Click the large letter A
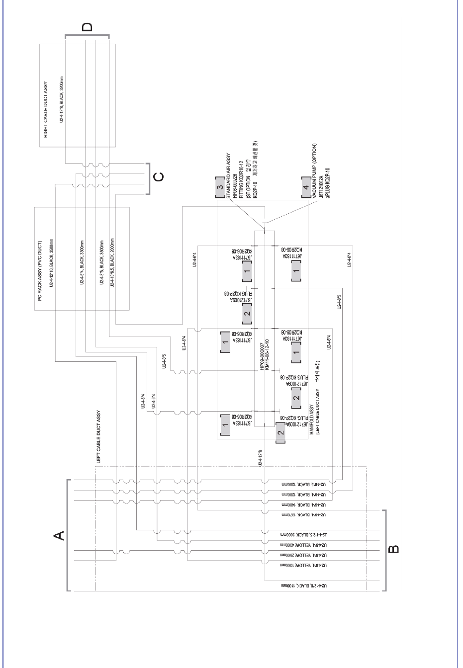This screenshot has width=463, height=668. pos(59,535)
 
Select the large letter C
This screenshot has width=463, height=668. pos(158,176)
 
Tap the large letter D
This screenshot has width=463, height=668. pos(87,27)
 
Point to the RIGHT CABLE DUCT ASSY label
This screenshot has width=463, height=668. pos(46,109)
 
